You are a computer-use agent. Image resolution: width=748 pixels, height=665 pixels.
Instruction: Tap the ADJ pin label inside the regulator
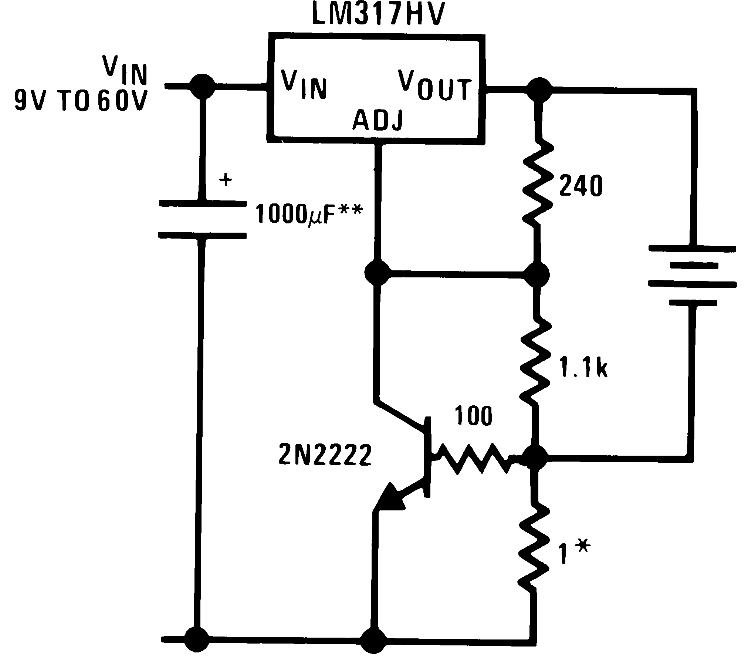(x=377, y=121)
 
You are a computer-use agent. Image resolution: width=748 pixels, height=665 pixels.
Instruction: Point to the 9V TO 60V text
(x=81, y=101)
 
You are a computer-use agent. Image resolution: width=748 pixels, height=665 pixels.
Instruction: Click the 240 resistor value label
(x=581, y=186)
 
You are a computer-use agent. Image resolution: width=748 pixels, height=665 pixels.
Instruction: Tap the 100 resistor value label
(x=473, y=416)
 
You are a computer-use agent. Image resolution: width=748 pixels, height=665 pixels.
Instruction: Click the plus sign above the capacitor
(x=226, y=181)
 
